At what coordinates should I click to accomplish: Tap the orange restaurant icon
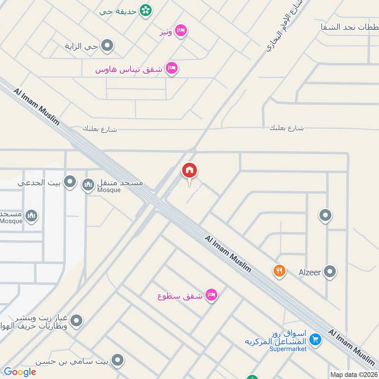280,271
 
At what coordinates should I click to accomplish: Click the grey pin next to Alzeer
330,272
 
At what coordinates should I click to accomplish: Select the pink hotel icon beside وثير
180,31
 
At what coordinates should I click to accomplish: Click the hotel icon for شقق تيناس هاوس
172,69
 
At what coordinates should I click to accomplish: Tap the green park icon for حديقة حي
145,10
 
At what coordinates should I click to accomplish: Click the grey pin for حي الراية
108,46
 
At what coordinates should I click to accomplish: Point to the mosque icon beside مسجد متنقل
88,184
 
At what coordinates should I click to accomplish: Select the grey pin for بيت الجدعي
70,181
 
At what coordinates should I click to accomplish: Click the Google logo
20,372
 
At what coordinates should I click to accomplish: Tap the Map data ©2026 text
353,374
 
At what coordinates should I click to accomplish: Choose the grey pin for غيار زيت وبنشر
77,321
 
